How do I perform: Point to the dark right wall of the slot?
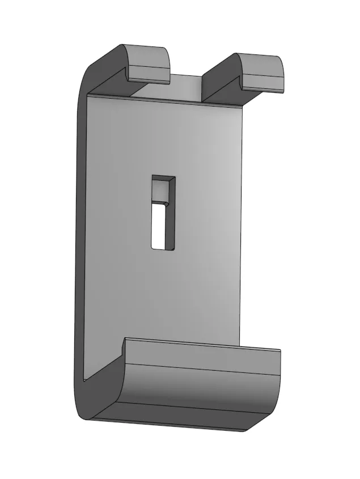(x=171, y=215)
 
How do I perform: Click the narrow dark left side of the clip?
(x=79, y=238)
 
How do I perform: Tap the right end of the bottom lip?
(x=278, y=385)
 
